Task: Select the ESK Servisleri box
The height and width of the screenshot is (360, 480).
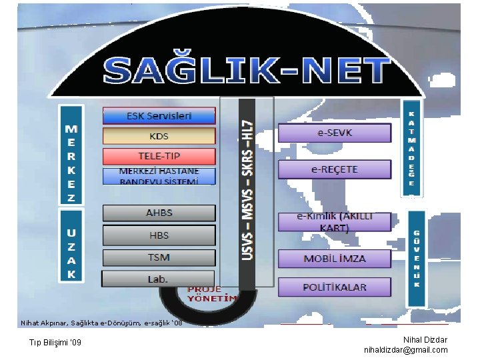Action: click(159, 116)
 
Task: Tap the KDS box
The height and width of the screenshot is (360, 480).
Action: click(159, 136)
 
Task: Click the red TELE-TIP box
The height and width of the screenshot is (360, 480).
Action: click(159, 157)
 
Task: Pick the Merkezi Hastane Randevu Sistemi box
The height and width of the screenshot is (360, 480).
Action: click(159, 176)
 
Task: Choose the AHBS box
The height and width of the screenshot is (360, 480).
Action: click(159, 213)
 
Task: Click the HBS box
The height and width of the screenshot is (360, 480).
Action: click(159, 235)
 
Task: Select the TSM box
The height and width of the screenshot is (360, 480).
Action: click(159, 257)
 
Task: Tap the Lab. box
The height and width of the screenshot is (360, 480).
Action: click(158, 279)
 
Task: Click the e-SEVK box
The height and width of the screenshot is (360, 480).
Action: click(334, 133)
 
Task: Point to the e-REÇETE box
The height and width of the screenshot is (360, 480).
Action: click(334, 169)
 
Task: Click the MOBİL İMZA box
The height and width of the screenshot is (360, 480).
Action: click(334, 259)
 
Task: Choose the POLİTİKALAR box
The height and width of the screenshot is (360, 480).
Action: click(334, 287)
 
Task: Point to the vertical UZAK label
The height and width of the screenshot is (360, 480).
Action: click(71, 246)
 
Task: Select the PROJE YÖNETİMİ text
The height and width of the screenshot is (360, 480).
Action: click(212, 294)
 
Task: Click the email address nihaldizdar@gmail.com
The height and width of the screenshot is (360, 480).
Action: click(406, 350)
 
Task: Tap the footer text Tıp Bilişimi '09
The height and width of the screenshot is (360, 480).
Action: click(55, 343)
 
